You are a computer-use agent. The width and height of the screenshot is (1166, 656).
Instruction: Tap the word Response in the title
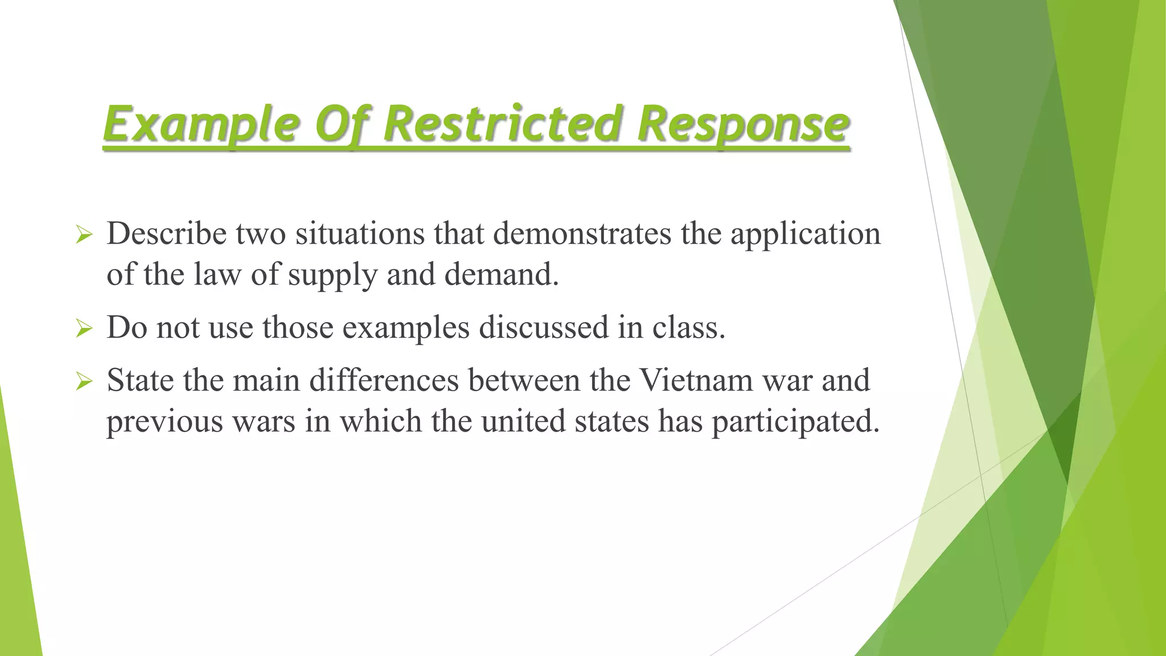point(743,124)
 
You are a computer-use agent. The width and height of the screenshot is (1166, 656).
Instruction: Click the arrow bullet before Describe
point(84,235)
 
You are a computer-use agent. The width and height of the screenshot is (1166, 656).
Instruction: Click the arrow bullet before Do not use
point(84,329)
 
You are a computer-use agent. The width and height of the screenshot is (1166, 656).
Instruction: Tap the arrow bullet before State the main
point(84,382)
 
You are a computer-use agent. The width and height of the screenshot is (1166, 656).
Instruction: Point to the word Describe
point(166,233)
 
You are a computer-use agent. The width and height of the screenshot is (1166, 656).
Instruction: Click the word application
point(805,235)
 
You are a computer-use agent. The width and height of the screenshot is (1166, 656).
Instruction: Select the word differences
point(384,380)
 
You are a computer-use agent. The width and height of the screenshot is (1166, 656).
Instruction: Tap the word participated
point(795,423)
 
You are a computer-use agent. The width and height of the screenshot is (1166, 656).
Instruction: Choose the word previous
point(164,423)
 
